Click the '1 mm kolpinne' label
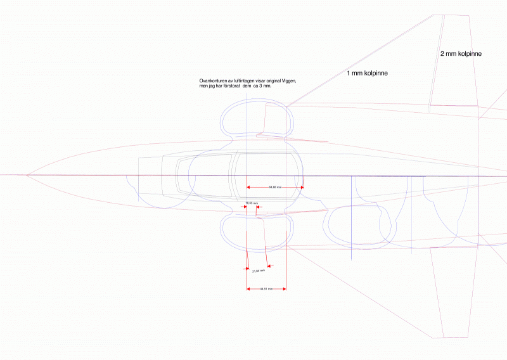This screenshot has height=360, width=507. click(x=367, y=74)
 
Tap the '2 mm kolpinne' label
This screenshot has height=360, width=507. click(x=461, y=55)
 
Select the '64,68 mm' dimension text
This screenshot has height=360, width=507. click(x=274, y=188)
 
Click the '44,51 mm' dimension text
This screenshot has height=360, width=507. click(x=266, y=289)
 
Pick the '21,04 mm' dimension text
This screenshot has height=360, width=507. click(x=258, y=271)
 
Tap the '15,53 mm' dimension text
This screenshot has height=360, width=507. click(x=251, y=203)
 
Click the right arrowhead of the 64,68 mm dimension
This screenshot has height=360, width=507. click(x=302, y=188)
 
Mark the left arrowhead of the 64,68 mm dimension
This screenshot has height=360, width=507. click(x=249, y=188)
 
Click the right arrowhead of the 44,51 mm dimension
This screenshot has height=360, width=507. click(x=284, y=289)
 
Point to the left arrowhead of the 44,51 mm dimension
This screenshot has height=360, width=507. click(x=248, y=289)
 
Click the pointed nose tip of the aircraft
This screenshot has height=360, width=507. click(x=27, y=175)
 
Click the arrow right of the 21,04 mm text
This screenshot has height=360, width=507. click(x=271, y=266)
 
